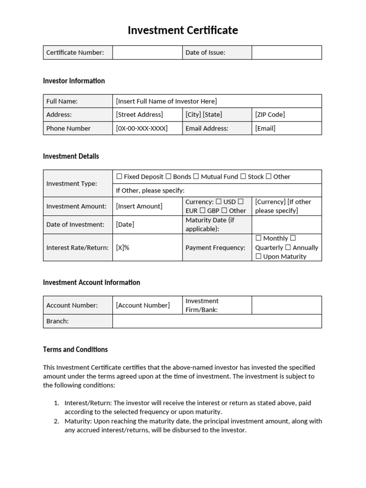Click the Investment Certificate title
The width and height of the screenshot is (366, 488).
(x=183, y=30)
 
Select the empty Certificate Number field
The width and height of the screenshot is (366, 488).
(x=147, y=52)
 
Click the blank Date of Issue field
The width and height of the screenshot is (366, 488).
(x=286, y=52)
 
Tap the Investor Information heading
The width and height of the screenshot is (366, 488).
(x=74, y=81)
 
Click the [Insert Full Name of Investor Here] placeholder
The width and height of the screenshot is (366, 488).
(x=166, y=101)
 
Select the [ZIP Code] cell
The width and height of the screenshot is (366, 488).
(x=270, y=114)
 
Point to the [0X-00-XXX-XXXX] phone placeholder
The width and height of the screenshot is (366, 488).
(x=142, y=128)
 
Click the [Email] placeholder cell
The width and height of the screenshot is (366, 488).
(x=265, y=128)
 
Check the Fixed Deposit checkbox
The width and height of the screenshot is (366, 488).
(x=119, y=176)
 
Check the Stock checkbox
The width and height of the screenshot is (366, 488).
(x=243, y=176)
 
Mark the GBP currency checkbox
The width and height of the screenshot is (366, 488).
(x=203, y=211)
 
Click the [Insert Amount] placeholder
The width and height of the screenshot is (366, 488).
(x=139, y=206)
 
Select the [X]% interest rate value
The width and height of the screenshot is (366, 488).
(x=122, y=248)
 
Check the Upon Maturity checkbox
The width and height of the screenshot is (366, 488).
(x=258, y=256)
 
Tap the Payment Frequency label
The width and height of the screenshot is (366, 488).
(x=215, y=248)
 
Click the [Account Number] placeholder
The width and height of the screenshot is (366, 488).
(x=142, y=305)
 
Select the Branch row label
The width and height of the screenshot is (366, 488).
(x=57, y=321)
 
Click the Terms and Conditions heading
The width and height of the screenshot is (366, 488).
(x=75, y=349)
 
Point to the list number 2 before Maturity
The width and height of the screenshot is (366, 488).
(x=56, y=421)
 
